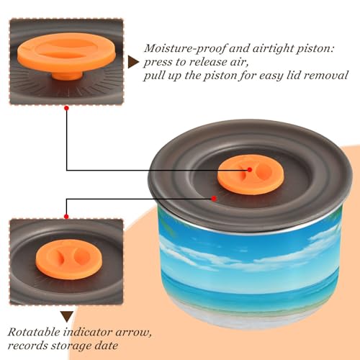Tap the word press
[158, 63]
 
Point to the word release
[208, 62]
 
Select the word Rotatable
[34, 332]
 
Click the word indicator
[89, 332]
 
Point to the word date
[107, 346]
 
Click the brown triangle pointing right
[133, 62]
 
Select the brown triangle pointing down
[67, 317]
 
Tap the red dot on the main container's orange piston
[250, 170]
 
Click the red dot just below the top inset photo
[67, 108]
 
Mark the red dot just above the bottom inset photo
[66, 217]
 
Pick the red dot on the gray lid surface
[214, 199]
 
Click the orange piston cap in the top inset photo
[67, 53]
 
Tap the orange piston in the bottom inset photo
[69, 259]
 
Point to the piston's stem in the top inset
[68, 75]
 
